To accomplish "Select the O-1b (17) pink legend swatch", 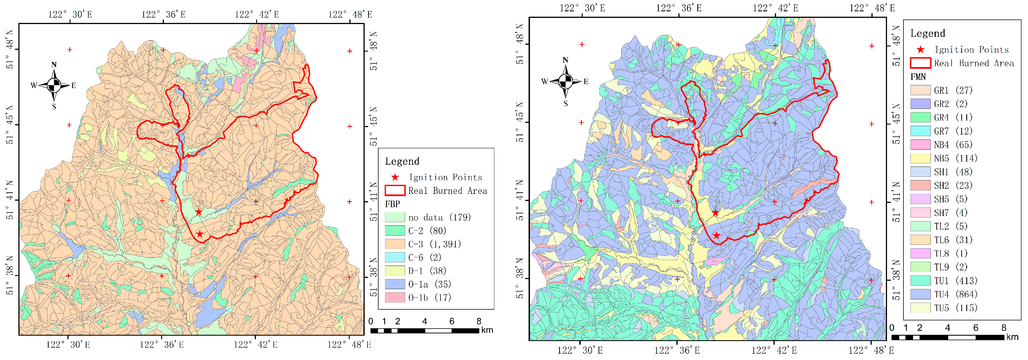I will coord(395,297).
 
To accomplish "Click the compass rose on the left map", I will coord(54,85).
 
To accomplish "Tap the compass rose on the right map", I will coord(565,82).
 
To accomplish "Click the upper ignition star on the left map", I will coord(199,212).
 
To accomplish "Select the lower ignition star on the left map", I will coord(200,234).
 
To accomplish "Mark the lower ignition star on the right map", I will coord(717,235).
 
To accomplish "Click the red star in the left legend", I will coord(395,177).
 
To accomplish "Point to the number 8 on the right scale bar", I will coord(1004,328).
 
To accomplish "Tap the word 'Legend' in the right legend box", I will coord(927,33).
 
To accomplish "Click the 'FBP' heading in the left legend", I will coord(392,204).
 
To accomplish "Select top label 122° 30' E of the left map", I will coord(70,14).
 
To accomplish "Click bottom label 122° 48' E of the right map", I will coord(871,350).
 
